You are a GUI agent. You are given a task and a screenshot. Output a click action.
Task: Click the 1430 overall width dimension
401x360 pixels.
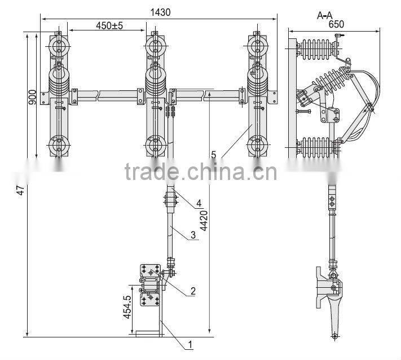160,12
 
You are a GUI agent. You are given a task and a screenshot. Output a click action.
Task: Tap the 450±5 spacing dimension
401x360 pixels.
109,25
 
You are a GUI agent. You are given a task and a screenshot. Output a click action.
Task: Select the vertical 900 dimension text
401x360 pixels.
33,97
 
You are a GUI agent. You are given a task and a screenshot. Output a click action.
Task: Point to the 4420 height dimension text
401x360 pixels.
204,221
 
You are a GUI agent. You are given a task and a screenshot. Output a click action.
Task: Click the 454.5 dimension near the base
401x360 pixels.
127,307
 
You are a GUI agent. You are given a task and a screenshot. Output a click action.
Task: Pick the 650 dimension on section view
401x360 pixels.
336,24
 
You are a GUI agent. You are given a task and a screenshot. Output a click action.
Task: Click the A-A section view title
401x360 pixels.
324,15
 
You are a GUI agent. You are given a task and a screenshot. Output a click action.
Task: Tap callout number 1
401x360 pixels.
190,345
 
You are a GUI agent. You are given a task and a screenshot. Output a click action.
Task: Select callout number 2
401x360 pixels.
193,291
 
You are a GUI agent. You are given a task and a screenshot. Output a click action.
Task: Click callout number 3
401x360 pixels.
193,235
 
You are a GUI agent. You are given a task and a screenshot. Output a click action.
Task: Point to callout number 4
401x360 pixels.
199,203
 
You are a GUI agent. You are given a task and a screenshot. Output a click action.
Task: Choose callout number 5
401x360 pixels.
214,155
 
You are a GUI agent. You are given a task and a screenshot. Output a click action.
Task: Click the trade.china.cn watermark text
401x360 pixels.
201,171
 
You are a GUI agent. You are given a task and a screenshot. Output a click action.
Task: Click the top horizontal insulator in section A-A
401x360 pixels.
318,50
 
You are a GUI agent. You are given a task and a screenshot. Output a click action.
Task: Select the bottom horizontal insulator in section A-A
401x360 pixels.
317,148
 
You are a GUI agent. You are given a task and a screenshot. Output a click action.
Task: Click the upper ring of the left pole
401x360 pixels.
59,47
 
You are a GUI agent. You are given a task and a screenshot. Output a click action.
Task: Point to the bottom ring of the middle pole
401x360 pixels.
155,146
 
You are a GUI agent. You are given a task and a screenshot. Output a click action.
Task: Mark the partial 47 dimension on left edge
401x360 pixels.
20,190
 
